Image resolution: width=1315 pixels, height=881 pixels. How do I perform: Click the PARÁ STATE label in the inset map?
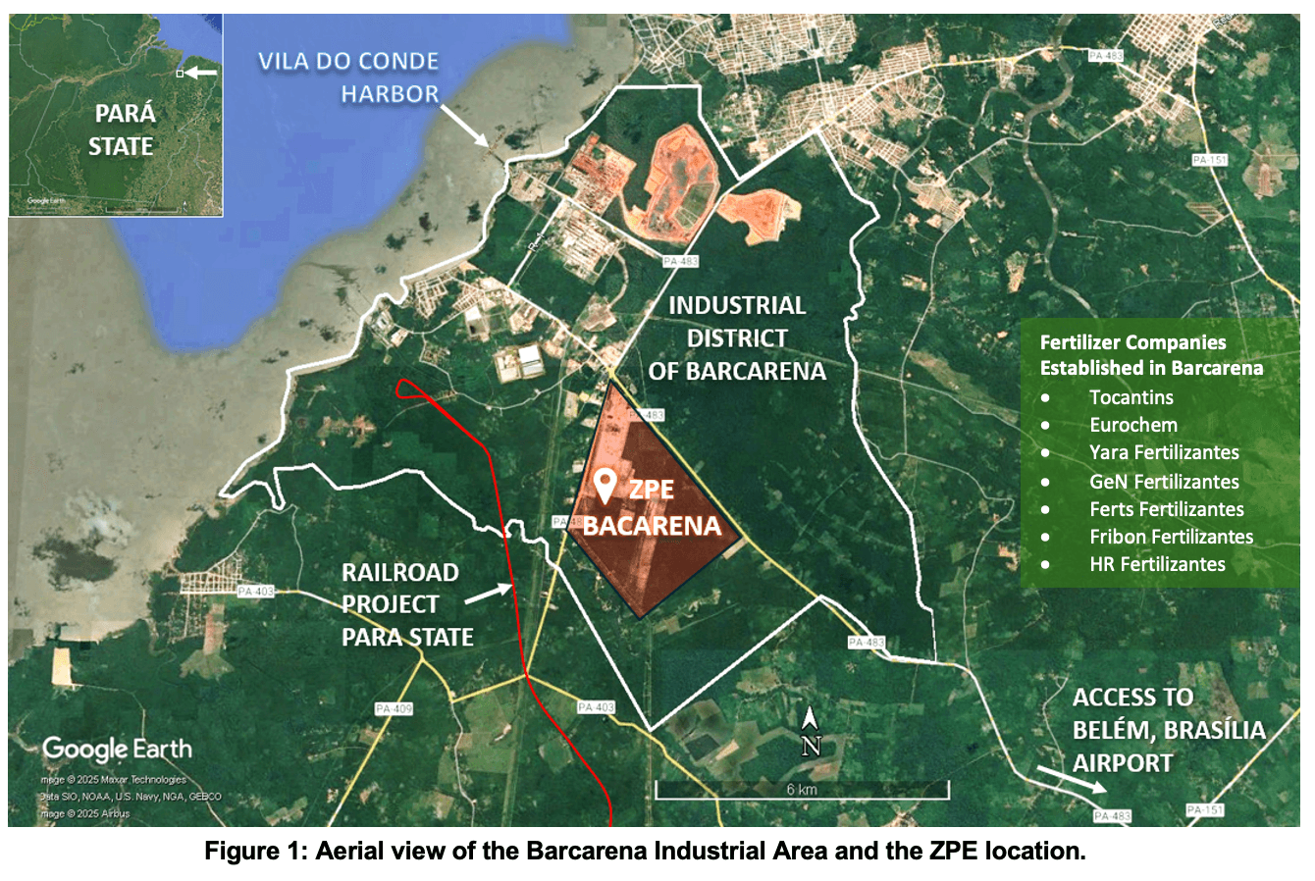122,130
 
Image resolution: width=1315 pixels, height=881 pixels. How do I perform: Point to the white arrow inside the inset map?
203,73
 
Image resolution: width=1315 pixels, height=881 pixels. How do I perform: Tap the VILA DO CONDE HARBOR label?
348,78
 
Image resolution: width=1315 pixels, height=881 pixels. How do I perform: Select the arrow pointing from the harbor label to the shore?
466,125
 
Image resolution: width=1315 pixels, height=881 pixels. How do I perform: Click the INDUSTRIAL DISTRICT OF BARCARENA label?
737,338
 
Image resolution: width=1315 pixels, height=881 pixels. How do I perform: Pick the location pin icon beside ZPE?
605,486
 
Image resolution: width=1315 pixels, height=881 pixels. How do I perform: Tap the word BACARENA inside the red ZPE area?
652,526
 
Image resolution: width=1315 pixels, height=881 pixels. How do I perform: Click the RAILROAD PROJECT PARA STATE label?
406,604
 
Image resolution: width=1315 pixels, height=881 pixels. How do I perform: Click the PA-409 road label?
394,708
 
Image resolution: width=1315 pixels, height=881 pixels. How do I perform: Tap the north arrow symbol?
810,733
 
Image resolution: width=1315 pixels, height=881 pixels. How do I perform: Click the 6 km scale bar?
802,789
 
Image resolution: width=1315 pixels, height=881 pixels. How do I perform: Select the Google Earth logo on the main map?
117,750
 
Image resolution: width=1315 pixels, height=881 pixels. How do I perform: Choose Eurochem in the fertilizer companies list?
1132,425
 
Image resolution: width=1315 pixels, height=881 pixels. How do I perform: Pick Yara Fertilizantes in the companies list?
1164,452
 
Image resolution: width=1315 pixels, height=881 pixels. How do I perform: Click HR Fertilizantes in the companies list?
1157,564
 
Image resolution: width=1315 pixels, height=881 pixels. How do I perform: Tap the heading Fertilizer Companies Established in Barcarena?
1151,355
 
